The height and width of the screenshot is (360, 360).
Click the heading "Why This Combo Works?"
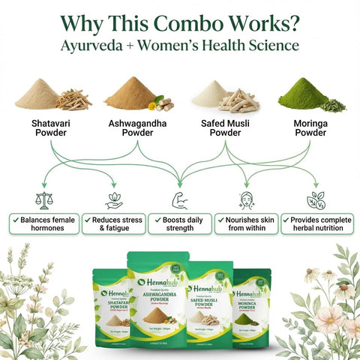[180, 20]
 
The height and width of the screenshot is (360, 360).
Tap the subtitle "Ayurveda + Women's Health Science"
[180, 45]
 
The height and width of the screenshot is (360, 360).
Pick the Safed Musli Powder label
[224, 127]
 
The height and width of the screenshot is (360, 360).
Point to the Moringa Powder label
[309, 127]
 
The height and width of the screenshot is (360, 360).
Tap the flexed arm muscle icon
[179, 200]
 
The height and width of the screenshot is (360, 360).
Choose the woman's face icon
[247, 200]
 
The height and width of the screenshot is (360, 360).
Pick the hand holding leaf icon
[113, 200]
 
